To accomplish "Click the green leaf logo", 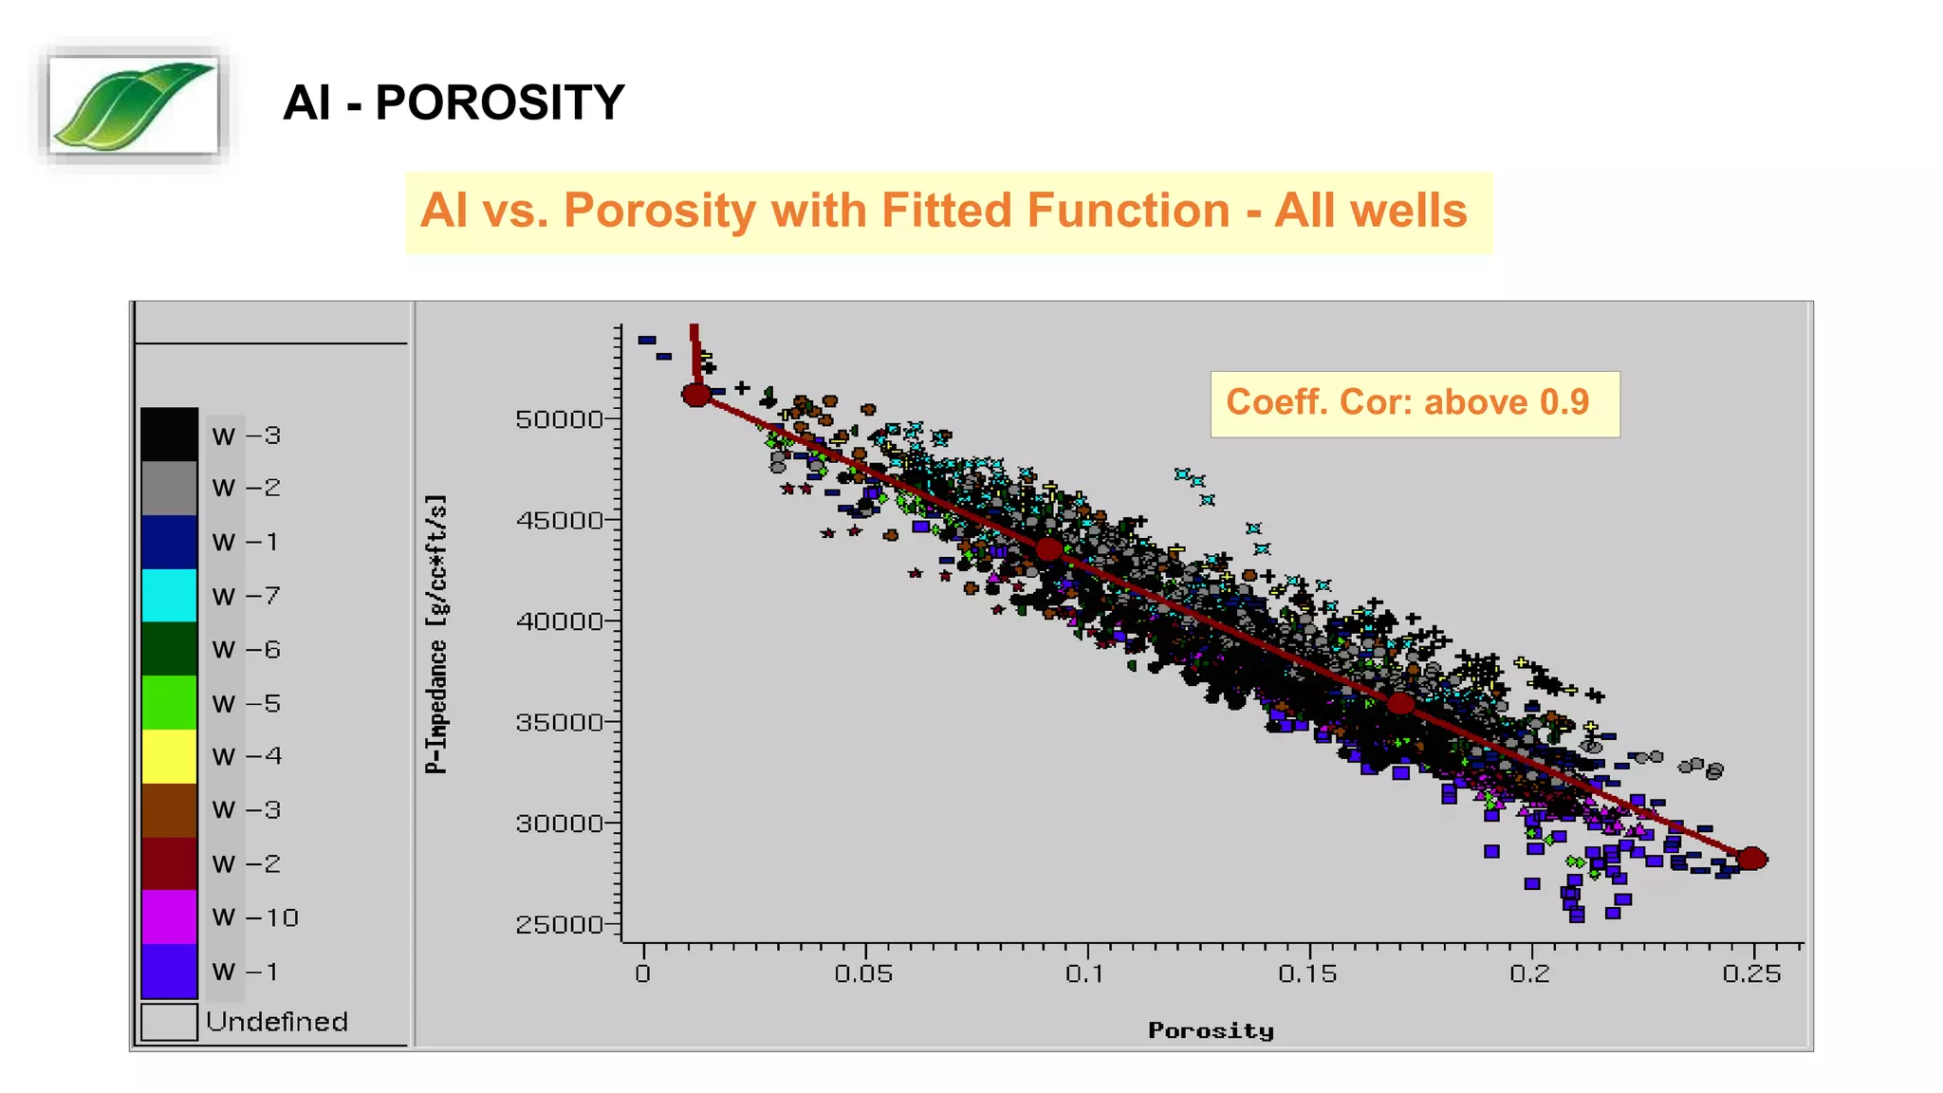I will click(x=133, y=105).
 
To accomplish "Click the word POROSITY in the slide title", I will click(x=499, y=102).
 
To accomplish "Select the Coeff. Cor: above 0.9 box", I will click(x=1414, y=403).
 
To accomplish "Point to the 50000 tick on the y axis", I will click(x=559, y=419).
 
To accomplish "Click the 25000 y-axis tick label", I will click(x=559, y=924).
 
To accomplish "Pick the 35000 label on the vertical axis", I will click(x=559, y=722).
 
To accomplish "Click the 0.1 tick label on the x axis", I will click(x=1084, y=974).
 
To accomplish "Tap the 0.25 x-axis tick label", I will click(x=1751, y=974).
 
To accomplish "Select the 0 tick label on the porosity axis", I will click(x=643, y=974).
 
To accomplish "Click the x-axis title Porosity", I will click(x=1211, y=1030).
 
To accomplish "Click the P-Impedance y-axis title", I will click(x=435, y=634).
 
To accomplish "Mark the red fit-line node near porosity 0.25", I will click(x=1751, y=859).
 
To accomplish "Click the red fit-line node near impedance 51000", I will click(x=696, y=395).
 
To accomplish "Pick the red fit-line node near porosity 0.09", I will click(x=1048, y=549).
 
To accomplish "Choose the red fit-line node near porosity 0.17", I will click(x=1400, y=704).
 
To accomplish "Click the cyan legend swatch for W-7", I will click(x=169, y=596).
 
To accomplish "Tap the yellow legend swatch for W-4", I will click(x=169, y=756).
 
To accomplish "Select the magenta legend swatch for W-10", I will click(x=169, y=917).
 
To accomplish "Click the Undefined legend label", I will click(x=276, y=1022).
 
